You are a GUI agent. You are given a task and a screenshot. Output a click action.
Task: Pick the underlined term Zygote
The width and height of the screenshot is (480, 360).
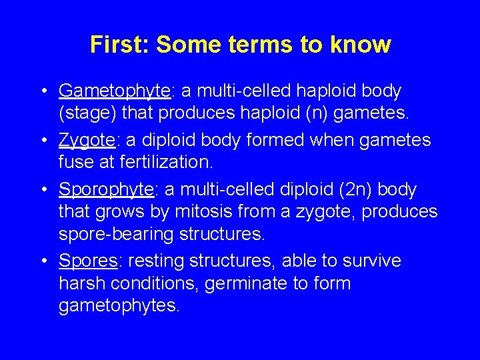[x=86, y=140]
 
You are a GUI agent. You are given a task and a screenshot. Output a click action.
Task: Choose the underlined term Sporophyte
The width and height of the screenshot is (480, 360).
[x=107, y=190]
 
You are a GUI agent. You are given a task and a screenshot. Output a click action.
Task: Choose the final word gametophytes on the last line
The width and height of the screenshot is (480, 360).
[x=119, y=306]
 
